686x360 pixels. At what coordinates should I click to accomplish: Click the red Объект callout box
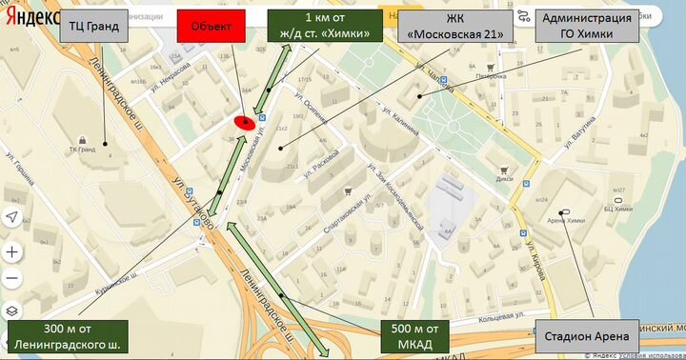[x=211, y=26]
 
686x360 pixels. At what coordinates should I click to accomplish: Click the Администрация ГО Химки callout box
[x=586, y=27]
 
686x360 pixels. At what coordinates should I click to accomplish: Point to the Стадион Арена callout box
[x=588, y=336]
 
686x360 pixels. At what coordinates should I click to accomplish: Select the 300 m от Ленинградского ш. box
[x=68, y=336]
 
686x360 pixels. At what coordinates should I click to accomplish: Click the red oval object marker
[x=244, y=122]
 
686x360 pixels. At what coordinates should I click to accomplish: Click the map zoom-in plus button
[x=12, y=252]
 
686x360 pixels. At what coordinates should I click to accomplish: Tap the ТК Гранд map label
[x=82, y=150]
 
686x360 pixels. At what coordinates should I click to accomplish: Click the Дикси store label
[x=505, y=176]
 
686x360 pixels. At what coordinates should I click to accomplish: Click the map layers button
[x=12, y=310]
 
